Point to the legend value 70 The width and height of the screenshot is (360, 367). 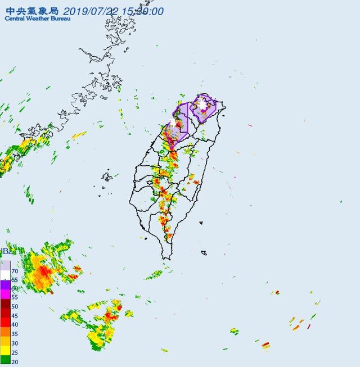pos(15,271)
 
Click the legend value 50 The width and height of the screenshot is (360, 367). pos(15,307)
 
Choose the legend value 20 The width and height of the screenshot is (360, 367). pos(15,363)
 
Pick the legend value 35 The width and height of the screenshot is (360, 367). pos(15,334)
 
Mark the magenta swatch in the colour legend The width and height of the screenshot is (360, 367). pos(5,294)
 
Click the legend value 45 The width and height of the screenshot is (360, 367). pos(15,316)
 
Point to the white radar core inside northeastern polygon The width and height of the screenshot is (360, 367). pos(201,103)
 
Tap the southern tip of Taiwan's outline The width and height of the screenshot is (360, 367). pos(166,258)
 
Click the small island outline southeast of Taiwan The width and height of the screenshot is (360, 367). pos(204,253)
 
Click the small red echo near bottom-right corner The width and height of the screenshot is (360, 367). pos(265,344)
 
